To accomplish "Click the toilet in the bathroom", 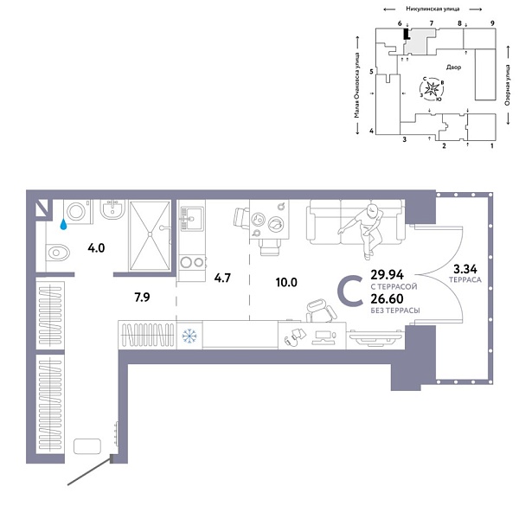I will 58,253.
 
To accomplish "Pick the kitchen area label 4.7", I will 222,278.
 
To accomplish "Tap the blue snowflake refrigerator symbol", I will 189,333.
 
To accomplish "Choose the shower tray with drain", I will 152,232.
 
